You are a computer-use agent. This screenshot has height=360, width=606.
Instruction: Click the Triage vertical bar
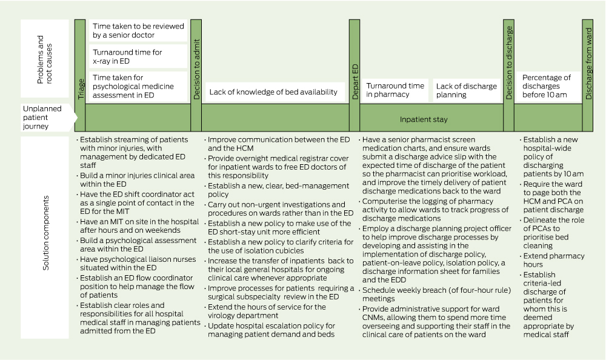[x=80, y=75]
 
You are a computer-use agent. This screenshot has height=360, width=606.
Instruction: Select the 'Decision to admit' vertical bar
[x=196, y=75]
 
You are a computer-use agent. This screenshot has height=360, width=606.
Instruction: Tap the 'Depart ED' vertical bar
[x=355, y=75]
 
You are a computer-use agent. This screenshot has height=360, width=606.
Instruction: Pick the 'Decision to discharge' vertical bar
[x=508, y=75]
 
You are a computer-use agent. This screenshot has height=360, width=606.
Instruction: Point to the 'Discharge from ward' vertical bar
[x=588, y=75]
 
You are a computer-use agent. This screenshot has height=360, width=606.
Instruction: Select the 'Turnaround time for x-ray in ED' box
[x=139, y=56]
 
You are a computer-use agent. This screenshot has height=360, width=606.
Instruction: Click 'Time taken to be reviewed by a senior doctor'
[x=139, y=31]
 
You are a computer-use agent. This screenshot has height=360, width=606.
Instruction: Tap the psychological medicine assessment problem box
[x=139, y=85]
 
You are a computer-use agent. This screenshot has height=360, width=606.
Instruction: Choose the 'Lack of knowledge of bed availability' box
[x=273, y=92]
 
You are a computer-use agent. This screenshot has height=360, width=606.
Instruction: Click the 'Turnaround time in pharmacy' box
[x=395, y=90]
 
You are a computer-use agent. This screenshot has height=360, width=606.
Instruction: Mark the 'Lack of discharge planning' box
[x=467, y=90]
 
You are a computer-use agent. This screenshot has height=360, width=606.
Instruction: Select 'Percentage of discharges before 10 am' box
[x=547, y=86]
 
